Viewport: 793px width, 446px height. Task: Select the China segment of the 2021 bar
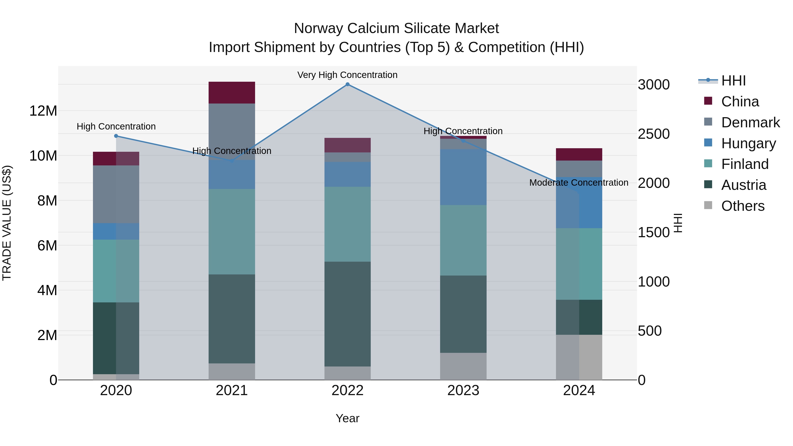pyautogui.click(x=232, y=93)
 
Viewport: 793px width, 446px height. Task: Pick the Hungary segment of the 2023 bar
pyautogui.click(x=463, y=177)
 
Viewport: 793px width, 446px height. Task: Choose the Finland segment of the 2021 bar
pyautogui.click(x=232, y=231)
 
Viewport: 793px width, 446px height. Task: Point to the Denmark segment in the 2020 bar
pyautogui.click(x=116, y=194)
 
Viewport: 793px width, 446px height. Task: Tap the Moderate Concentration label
pyautogui.click(x=578, y=183)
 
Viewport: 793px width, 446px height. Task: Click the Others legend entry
pyautogui.click(x=743, y=206)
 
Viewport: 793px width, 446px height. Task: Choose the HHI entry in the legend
pyautogui.click(x=733, y=81)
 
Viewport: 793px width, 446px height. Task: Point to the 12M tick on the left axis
pyautogui.click(x=43, y=111)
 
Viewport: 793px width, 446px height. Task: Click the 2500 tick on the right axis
pyautogui.click(x=653, y=134)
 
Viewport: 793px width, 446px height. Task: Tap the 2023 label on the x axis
pyautogui.click(x=463, y=390)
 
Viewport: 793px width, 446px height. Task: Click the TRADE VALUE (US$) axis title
pyautogui.click(x=7, y=223)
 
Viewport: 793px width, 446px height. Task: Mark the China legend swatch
pyautogui.click(x=708, y=101)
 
